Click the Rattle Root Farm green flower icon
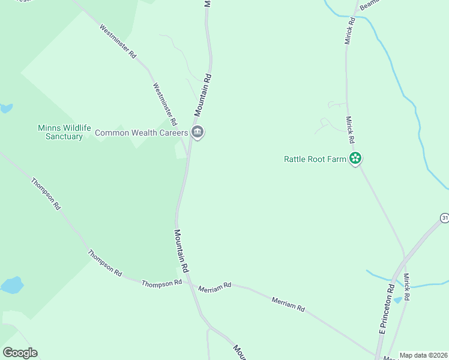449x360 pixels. pyautogui.click(x=355, y=158)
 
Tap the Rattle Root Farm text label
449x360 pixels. pyautogui.click(x=315, y=159)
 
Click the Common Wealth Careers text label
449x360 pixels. pyautogui.click(x=142, y=133)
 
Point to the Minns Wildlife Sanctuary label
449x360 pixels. pyautogui.click(x=64, y=132)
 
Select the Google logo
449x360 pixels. pyautogui.click(x=20, y=353)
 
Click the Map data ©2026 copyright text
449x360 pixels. pyautogui.click(x=424, y=355)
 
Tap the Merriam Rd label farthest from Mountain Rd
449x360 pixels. pyautogui.click(x=288, y=304)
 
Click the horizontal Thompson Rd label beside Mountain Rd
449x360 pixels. pyautogui.click(x=161, y=283)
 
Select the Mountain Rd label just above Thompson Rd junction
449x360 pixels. pyautogui.click(x=182, y=251)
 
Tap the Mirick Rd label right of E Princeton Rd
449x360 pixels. pyautogui.click(x=406, y=287)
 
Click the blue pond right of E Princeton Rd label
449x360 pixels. pyautogui.click(x=397, y=299)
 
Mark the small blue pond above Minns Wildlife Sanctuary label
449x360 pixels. pyautogui.click(x=6, y=109)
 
